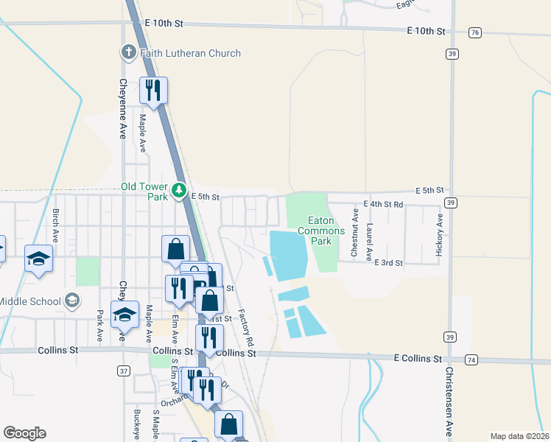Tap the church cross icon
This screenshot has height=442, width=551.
tap(127, 52)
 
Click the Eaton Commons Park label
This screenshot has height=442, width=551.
tap(321, 231)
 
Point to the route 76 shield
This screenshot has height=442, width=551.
tap(475, 32)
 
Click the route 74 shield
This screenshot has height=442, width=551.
tap(472, 359)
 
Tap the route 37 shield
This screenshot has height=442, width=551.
tap(124, 371)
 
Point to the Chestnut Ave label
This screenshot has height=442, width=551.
tap(354, 232)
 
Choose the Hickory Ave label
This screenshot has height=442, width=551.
tap(439, 234)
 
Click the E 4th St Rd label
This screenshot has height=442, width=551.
tap(384, 204)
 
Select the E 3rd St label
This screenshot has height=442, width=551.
tap(388, 262)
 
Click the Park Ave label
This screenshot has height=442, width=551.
tap(99, 325)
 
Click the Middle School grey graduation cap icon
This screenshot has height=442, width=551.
tap(72, 300)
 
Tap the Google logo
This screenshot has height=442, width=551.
tap(24, 433)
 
